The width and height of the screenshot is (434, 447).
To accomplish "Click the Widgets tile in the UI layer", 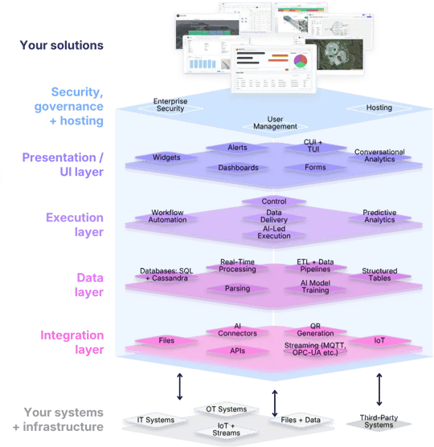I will (166, 157).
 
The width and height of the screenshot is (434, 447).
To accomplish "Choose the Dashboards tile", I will (238, 168).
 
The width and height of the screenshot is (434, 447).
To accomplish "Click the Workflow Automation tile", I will (167, 216).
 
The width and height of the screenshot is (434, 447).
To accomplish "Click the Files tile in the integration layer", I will (168, 340).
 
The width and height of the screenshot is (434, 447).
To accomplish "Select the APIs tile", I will (237, 351).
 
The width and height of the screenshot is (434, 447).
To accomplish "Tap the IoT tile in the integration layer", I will (379, 340).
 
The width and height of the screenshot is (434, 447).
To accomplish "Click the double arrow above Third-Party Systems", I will (379, 388).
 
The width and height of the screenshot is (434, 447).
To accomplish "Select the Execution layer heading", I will (74, 224).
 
